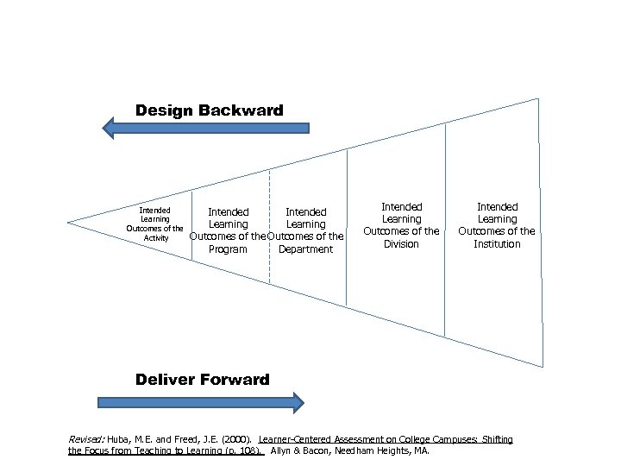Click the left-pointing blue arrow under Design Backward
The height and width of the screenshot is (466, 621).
[x=205, y=129]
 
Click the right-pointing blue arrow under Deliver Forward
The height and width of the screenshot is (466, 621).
[x=201, y=402]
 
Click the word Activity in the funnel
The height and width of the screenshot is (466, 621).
[x=156, y=238]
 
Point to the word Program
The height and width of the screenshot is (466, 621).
[x=228, y=249]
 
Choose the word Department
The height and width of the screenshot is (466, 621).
[x=305, y=249]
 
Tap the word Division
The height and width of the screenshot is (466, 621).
[x=401, y=244]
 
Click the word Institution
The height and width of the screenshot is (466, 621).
[x=497, y=244]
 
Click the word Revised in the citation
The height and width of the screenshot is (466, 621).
[x=85, y=440]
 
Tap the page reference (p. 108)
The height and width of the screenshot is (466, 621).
[x=243, y=451]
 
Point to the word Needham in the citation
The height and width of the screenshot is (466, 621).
[x=348, y=451]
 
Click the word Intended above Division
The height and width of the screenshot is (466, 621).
[x=402, y=207]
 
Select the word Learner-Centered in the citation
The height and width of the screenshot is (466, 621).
[x=304, y=440]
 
